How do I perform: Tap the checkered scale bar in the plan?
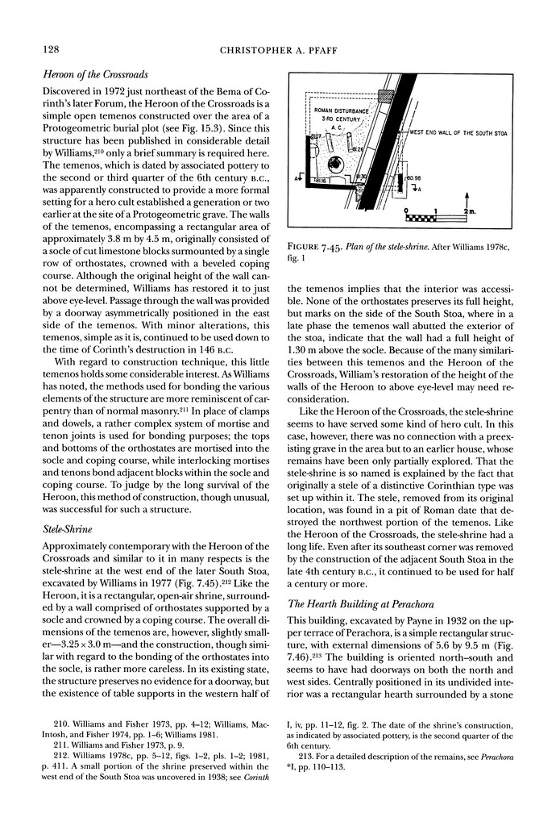pos(422,218)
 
